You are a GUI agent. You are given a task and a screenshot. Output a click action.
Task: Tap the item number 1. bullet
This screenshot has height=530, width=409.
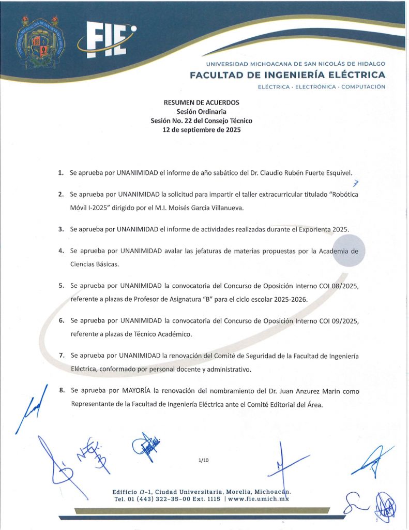[x=61, y=172]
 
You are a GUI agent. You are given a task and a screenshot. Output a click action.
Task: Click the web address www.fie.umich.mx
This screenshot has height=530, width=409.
[x=258, y=499]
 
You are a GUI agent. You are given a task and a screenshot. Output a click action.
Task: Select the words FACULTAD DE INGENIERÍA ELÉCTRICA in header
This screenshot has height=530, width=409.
[x=287, y=75]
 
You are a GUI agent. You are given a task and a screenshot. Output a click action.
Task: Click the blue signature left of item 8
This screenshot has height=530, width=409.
[x=28, y=406]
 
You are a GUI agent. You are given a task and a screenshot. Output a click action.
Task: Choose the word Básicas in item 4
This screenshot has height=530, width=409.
[x=104, y=264]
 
